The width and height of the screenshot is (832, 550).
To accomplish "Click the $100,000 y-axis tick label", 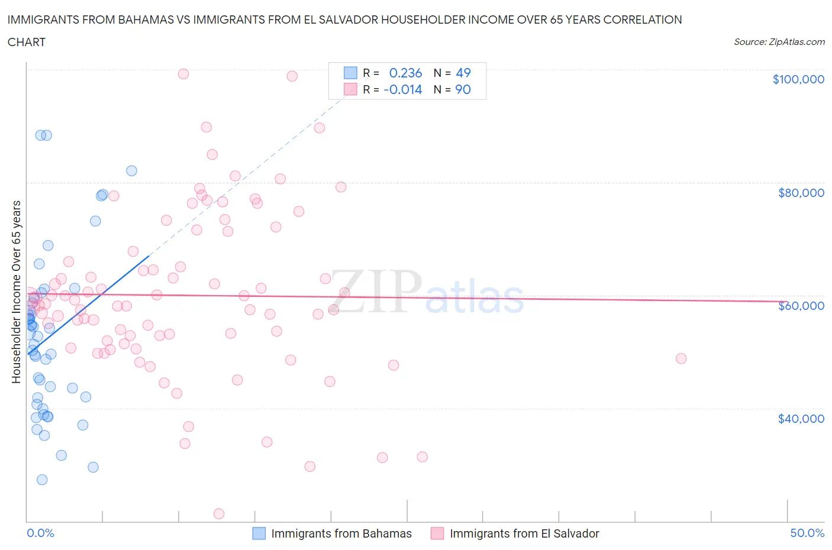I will (798, 79).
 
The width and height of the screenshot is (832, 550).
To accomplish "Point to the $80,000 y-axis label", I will (801, 193).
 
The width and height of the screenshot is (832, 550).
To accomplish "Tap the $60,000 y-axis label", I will (801, 306).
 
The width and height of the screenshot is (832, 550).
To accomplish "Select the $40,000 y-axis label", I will (801, 419).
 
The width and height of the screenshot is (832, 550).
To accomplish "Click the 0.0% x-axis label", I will (40, 533).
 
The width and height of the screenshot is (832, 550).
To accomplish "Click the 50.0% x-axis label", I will (807, 533).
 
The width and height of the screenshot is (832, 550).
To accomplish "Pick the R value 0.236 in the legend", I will (405, 73).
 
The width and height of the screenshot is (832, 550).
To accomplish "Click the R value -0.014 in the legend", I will (403, 89).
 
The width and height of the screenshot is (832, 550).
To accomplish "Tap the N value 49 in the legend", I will (463, 73).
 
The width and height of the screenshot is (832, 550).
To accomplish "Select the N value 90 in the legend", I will (463, 89).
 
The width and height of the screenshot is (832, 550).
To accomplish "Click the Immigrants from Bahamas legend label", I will (341, 533).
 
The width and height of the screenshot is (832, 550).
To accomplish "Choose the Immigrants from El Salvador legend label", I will (524, 533).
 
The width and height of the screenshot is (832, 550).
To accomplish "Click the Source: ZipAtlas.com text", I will (779, 41).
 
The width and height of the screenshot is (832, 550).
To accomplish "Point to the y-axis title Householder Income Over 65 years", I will (16, 292).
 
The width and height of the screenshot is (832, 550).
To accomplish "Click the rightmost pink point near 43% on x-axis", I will (681, 358).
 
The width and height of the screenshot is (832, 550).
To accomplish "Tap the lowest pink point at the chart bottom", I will (219, 513).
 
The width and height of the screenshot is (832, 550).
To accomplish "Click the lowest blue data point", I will (42, 480).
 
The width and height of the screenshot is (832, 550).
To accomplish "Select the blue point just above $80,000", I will (131, 171).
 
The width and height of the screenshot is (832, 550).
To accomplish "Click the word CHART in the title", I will (27, 42).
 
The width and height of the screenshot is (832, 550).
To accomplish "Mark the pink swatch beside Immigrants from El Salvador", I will (437, 533).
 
